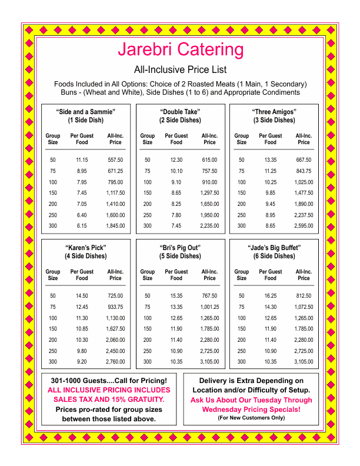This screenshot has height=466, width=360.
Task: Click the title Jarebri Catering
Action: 180,49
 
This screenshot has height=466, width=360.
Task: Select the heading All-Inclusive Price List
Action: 180,69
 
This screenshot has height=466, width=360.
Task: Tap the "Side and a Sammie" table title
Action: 86,112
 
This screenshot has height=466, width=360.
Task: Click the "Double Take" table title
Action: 180,112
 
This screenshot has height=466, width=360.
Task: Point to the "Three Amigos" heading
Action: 274,112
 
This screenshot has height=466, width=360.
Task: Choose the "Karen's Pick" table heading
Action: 86,248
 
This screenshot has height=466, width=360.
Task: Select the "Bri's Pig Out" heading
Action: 180,248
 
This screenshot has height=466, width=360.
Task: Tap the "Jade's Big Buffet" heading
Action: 274,248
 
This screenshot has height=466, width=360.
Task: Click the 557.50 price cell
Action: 115,160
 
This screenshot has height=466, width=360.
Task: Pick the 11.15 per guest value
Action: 82,160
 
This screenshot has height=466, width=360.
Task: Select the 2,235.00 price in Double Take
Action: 209,225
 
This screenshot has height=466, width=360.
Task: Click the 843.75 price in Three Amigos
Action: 304,171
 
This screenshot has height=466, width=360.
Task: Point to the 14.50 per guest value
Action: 82,296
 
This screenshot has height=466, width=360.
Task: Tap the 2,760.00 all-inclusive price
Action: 115,361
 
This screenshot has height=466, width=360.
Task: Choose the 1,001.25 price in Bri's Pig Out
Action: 209,307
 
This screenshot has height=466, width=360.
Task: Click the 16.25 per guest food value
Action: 270,296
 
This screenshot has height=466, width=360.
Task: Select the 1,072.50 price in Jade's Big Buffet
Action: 304,307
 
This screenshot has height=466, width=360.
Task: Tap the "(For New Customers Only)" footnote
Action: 251,418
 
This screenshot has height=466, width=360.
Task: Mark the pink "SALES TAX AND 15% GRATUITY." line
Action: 109,400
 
